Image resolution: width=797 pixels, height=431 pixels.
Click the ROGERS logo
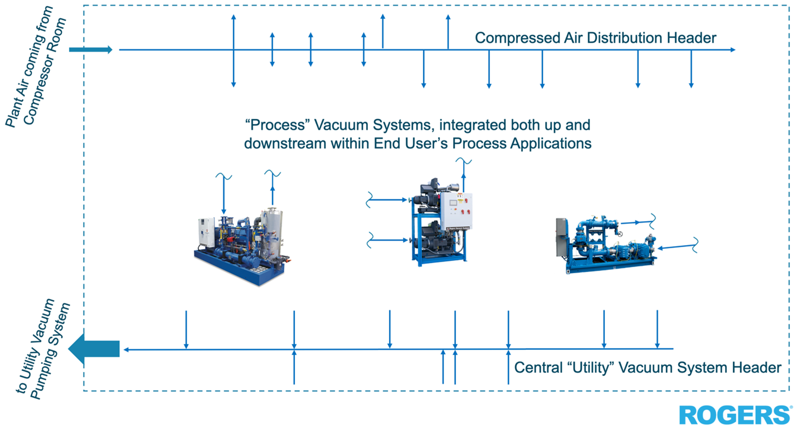click(735, 415)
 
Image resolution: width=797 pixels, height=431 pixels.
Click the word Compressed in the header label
click(514, 38)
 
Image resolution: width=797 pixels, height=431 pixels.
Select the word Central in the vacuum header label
click(534, 368)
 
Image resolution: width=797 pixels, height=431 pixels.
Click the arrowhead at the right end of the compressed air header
click(732, 50)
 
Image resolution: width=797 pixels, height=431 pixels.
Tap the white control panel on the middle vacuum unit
click(457, 210)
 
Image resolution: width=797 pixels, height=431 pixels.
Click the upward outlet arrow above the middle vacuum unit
click(463, 175)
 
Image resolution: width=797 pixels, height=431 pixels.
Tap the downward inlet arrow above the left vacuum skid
click(223, 195)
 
